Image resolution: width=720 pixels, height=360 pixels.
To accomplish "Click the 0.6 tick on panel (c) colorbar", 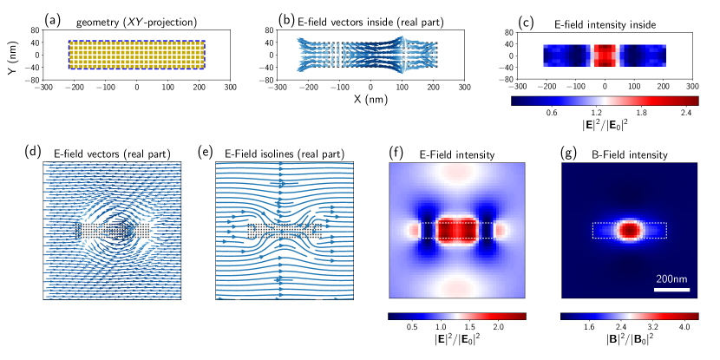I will (550, 112).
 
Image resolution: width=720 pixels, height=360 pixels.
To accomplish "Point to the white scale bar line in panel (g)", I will (671, 289).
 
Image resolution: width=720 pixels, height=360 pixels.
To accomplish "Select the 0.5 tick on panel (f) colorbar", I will (412, 328).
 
